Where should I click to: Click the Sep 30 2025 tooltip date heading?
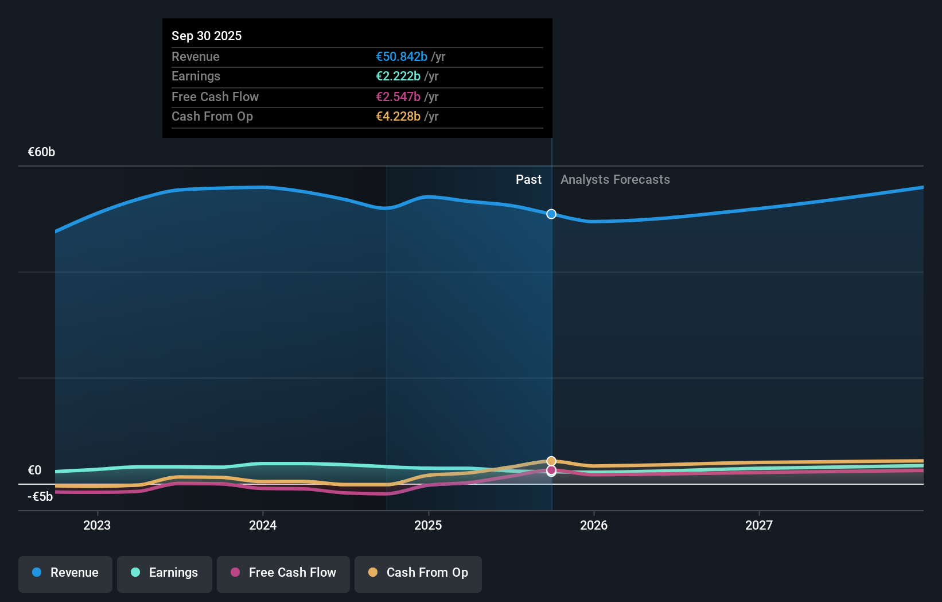[207, 36]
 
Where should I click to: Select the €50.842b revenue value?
[401, 56]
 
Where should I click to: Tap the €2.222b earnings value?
[398, 76]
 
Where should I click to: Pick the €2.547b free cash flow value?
[398, 97]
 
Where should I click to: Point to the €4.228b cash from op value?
[398, 116]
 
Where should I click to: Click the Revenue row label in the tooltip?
[195, 56]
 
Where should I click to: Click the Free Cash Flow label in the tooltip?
[215, 97]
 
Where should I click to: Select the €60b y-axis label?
[41, 152]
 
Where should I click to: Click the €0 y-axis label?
[34, 470]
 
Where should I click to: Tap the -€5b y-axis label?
[40, 496]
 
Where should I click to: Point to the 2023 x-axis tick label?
[97, 525]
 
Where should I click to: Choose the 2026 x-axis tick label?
[593, 525]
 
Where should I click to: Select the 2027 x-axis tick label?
[758, 525]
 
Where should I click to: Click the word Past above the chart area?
[528, 179]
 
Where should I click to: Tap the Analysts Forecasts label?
[614, 179]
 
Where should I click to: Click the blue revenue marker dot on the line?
[551, 214]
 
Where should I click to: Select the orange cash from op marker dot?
[551, 461]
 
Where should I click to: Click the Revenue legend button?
[65, 573]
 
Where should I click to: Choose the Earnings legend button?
[165, 573]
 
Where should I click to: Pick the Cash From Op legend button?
[418, 573]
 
